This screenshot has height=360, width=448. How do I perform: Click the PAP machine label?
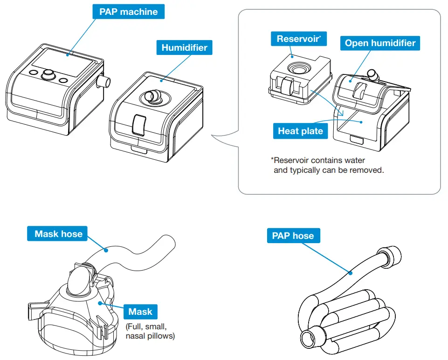click(x=129, y=12)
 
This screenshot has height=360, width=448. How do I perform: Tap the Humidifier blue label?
click(x=184, y=47)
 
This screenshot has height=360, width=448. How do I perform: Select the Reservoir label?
click(x=298, y=39)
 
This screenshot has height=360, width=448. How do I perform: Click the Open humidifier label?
click(x=380, y=43)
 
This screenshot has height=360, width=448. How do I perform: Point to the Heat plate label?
click(x=300, y=131)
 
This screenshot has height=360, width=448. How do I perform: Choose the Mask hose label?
click(x=58, y=233)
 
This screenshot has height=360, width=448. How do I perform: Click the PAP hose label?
click(x=293, y=236)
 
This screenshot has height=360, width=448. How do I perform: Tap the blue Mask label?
click(x=140, y=312)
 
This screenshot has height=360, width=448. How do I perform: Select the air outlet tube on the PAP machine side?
click(x=105, y=83)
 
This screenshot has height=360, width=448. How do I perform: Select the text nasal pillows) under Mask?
click(x=150, y=335)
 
